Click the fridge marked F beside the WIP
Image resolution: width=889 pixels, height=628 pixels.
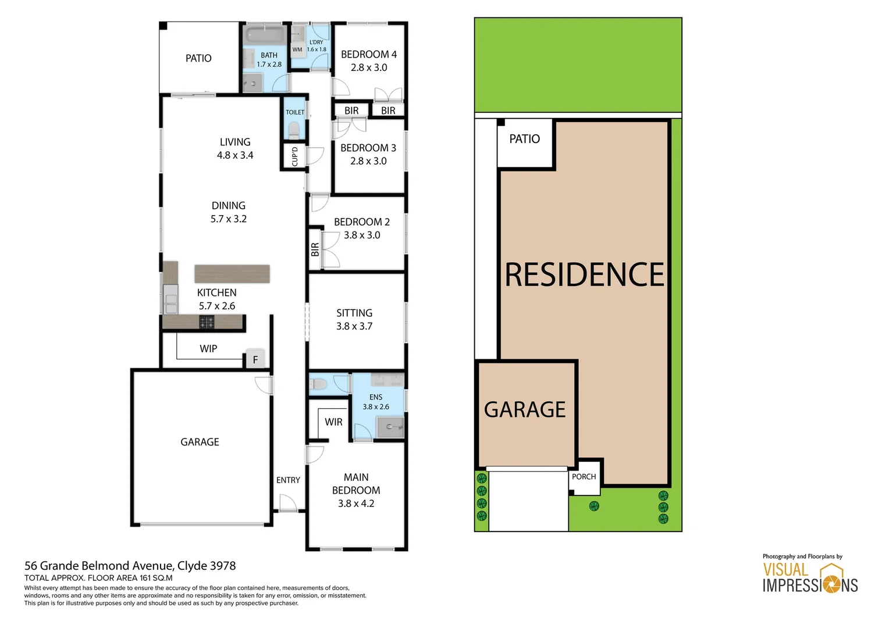255,359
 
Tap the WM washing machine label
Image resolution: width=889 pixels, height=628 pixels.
297,50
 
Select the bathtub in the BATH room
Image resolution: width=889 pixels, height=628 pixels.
265,34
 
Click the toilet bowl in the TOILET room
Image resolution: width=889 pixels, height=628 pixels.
294,130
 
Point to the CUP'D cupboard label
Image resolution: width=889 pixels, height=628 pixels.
294,156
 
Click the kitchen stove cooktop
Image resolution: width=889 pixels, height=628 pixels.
207,322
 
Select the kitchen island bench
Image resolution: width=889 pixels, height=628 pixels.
232,273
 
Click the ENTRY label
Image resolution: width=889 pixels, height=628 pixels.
288,480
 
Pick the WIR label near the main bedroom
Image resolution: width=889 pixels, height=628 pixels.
333,422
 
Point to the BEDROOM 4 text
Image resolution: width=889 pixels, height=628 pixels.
369,55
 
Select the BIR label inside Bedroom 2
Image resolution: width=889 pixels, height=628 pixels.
315,249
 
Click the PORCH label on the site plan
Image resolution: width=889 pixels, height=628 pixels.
584,477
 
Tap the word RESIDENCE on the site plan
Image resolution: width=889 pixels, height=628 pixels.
584,275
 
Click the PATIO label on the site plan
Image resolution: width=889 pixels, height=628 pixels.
524,139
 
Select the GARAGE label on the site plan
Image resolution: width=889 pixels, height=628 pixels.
525,410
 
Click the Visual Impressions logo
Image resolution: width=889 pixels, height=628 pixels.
810,577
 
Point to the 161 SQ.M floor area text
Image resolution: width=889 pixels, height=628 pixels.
150,578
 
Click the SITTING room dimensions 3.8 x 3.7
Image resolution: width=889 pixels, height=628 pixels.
354,326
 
